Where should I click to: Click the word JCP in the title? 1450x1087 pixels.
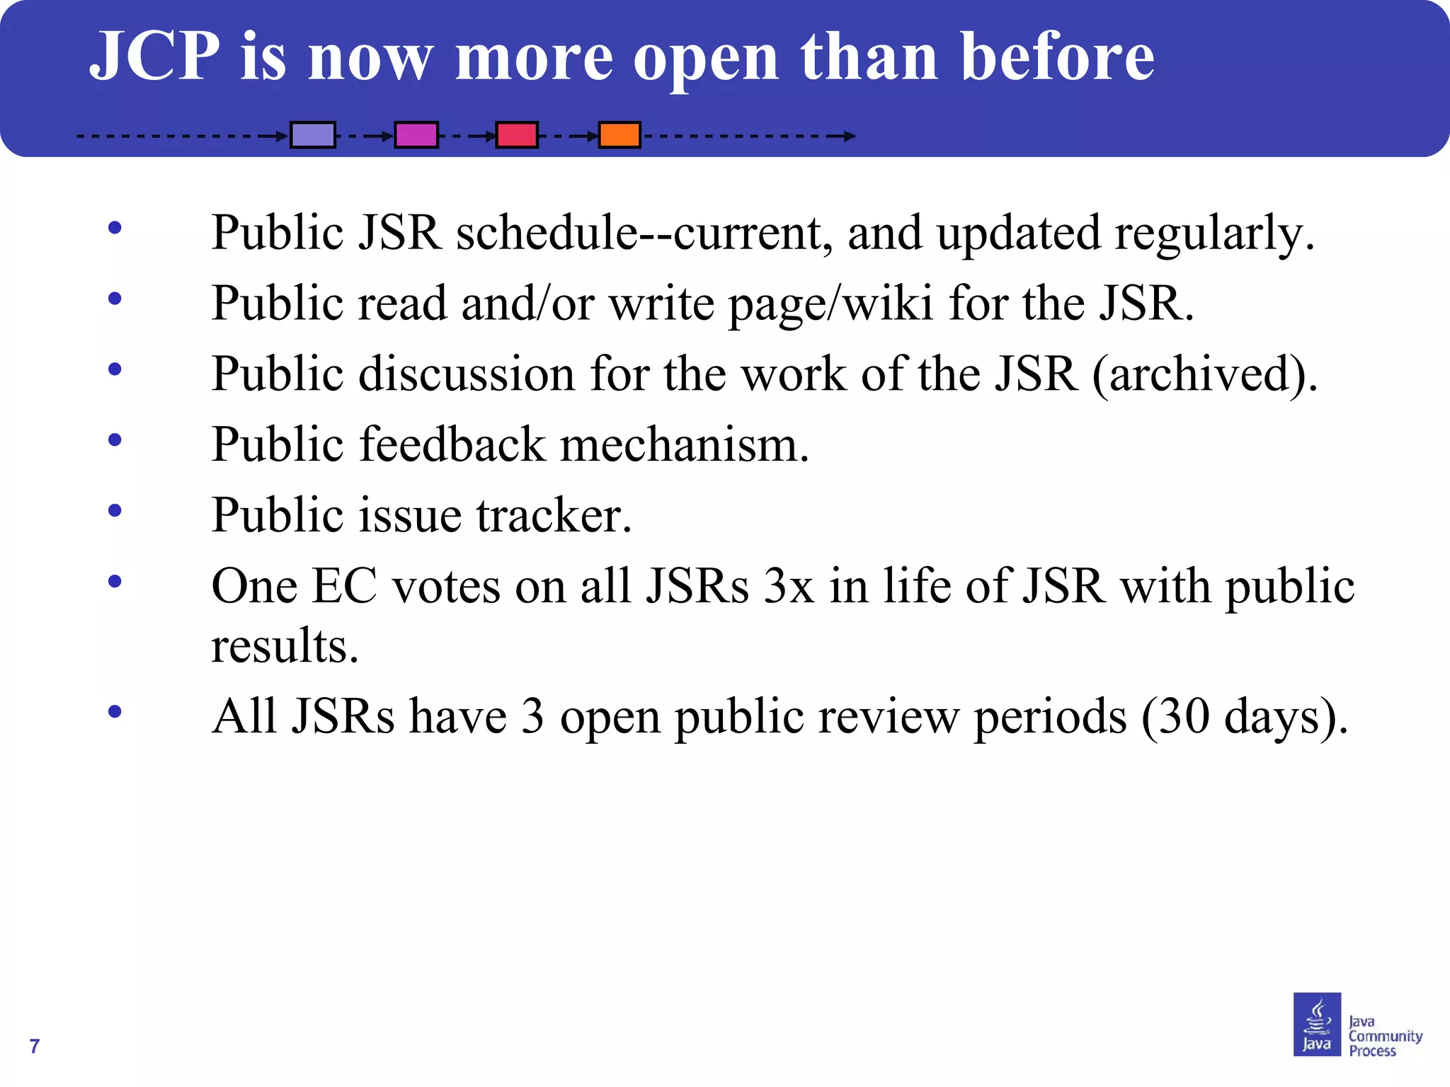pyautogui.click(x=155, y=57)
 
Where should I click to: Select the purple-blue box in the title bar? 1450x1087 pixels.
pyautogui.click(x=313, y=134)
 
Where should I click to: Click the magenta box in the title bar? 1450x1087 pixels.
pyautogui.click(x=416, y=134)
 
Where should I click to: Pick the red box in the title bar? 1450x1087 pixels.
pyautogui.click(x=517, y=134)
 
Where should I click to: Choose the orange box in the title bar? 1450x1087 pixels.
pyautogui.click(x=620, y=134)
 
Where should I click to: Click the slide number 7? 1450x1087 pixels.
pyautogui.click(x=35, y=1046)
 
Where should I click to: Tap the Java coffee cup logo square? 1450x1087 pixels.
pyautogui.click(x=1317, y=1024)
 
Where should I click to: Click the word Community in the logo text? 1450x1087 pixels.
pyautogui.click(x=1385, y=1036)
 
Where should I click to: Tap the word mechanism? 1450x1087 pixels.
pyautogui.click(x=684, y=445)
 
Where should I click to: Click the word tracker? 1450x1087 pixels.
pyautogui.click(x=554, y=515)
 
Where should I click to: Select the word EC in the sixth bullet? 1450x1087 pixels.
pyautogui.click(x=344, y=587)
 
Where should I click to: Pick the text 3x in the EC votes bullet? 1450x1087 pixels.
pyautogui.click(x=789, y=587)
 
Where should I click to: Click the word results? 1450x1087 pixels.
pyautogui.click(x=285, y=646)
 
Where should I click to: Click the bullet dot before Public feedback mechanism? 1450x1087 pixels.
pyautogui.click(x=115, y=440)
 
